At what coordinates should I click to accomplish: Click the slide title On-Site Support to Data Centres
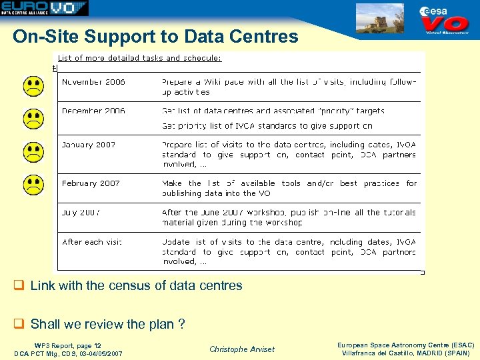coord(155,36)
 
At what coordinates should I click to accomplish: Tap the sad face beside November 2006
coord(34,86)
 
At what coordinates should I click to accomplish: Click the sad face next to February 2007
coord(34,185)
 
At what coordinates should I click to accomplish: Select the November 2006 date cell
coord(93,82)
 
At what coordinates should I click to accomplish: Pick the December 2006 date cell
coord(93,111)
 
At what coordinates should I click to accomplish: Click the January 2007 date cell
coord(89,145)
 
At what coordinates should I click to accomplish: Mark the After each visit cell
coord(92,242)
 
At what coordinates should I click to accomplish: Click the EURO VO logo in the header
coord(44,9)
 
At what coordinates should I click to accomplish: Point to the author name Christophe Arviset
coord(241,349)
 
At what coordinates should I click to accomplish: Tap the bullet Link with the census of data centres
coord(136,286)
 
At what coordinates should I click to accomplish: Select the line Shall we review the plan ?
coord(107,325)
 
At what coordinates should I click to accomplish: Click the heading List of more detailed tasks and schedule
coord(140,58)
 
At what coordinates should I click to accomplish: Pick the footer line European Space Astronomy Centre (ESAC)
coord(405,345)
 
